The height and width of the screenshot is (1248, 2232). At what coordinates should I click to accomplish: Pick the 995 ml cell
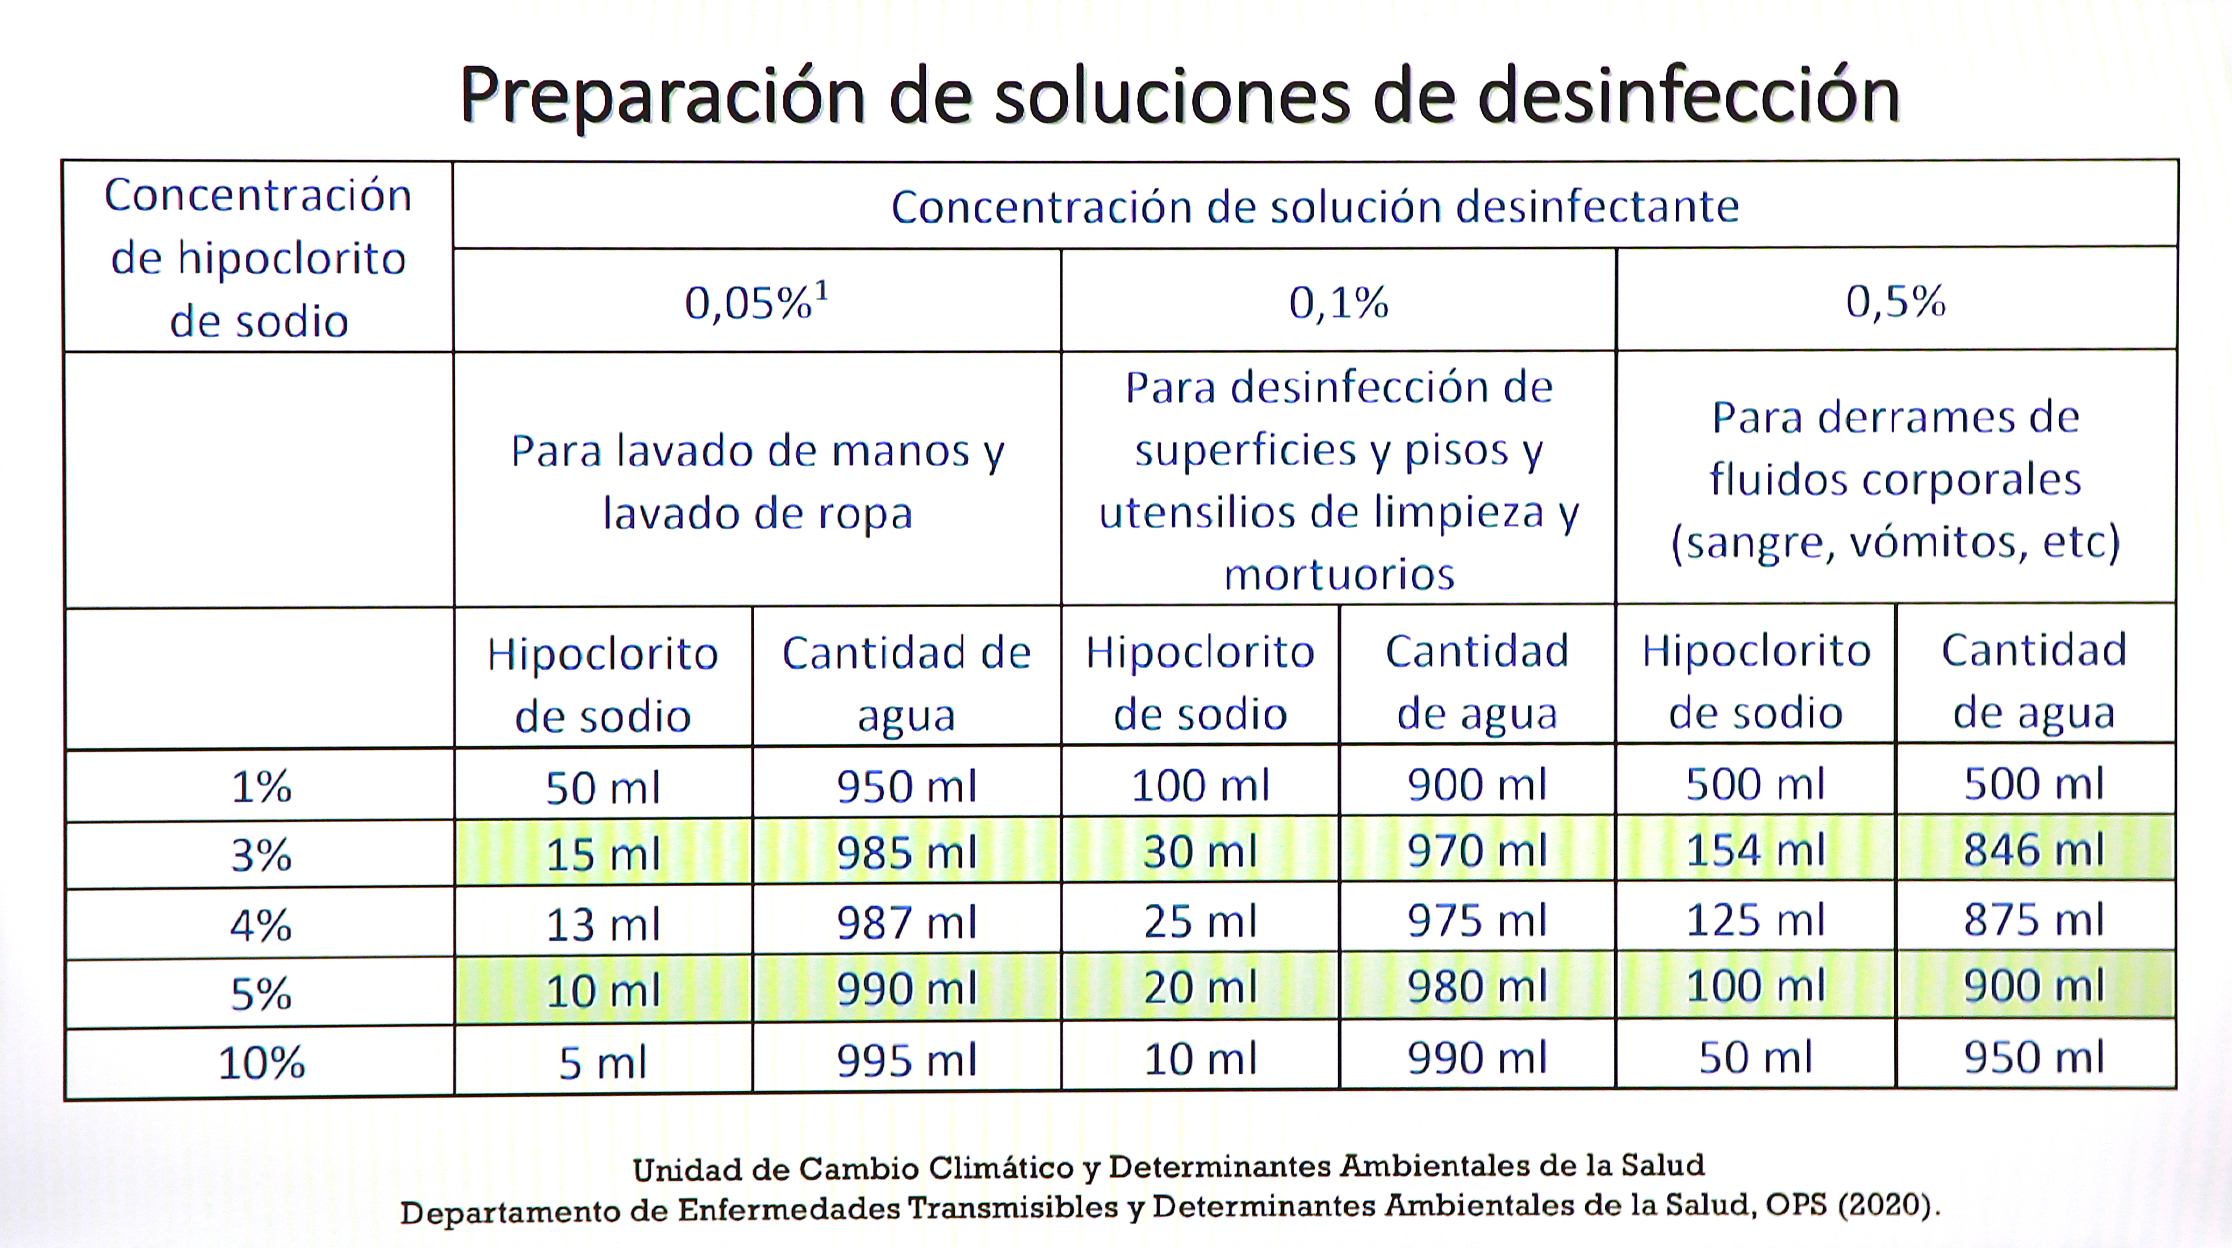(906, 1061)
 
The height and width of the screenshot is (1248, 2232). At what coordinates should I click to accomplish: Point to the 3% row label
(261, 856)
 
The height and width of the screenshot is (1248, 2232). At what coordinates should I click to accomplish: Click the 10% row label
(261, 1063)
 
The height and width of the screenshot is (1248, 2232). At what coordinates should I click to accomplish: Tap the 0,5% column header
(1895, 302)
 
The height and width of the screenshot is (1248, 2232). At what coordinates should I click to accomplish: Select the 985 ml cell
(906, 853)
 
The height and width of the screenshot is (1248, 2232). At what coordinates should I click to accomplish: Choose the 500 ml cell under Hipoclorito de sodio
(1755, 784)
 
